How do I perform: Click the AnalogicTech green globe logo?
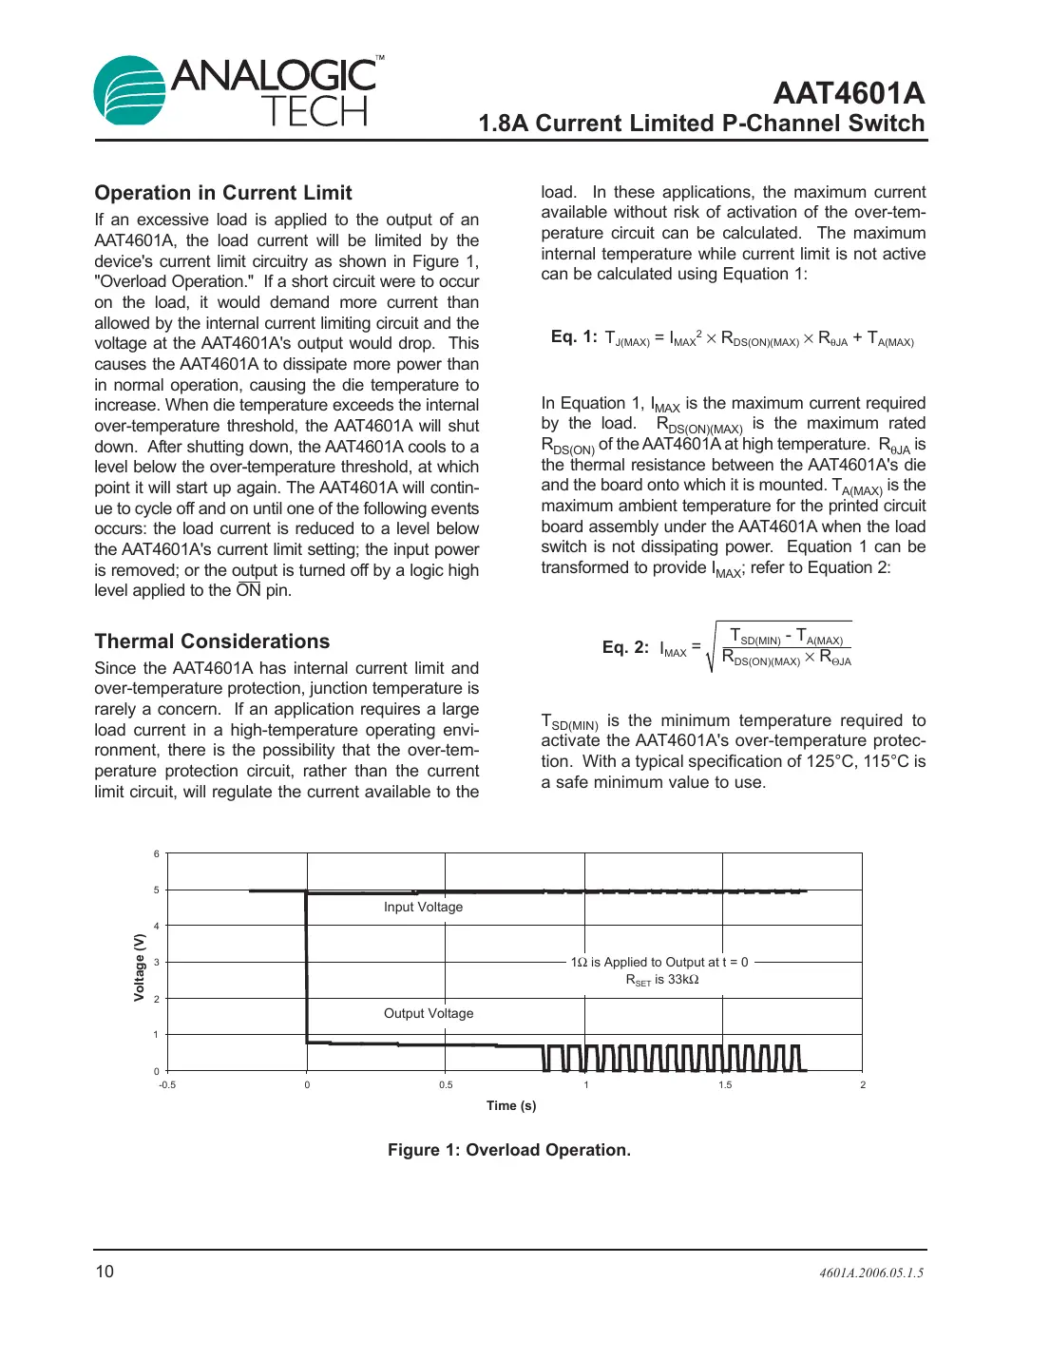(x=130, y=90)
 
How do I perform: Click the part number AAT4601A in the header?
(x=848, y=93)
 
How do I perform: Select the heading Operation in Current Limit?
(x=223, y=193)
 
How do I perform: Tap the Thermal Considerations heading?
(x=212, y=641)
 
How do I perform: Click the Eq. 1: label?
(x=574, y=336)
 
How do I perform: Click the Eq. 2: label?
(x=625, y=647)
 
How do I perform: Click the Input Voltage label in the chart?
(x=423, y=907)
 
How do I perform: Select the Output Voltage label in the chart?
(x=429, y=1013)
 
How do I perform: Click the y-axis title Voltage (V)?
(x=140, y=967)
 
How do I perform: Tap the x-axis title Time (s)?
(x=511, y=1105)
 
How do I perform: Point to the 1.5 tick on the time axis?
(x=725, y=1084)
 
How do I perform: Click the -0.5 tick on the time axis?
(x=167, y=1084)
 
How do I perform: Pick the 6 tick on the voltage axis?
(x=157, y=853)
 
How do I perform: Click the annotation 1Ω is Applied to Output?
(x=659, y=962)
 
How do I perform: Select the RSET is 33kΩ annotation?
(x=662, y=980)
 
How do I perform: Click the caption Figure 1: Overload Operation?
(x=509, y=1150)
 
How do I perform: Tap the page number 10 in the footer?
(x=105, y=1272)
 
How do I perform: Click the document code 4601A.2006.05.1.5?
(x=871, y=1273)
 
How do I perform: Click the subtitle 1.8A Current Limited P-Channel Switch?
(x=701, y=124)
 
